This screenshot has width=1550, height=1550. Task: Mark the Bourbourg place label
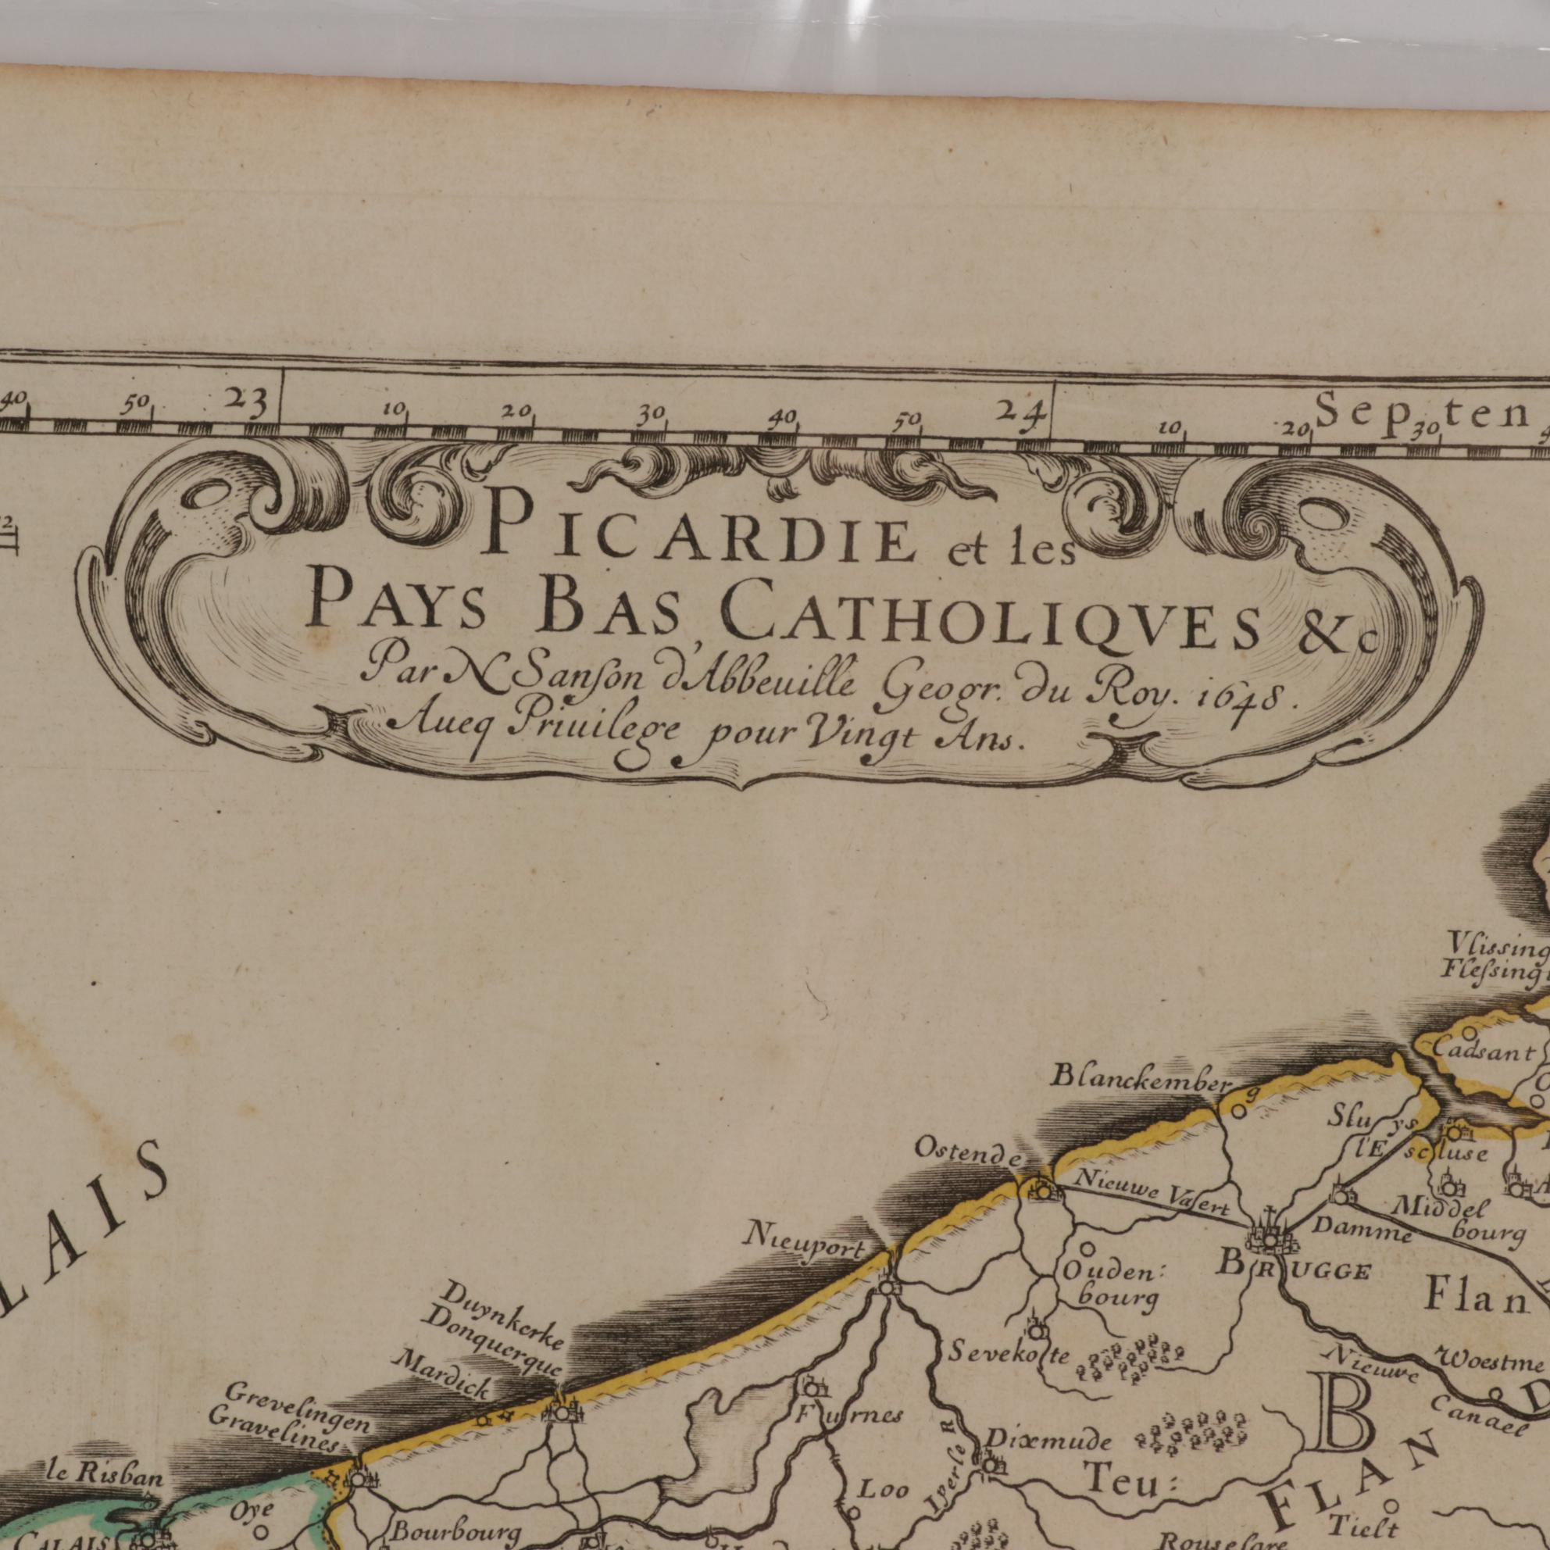click(445, 1529)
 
